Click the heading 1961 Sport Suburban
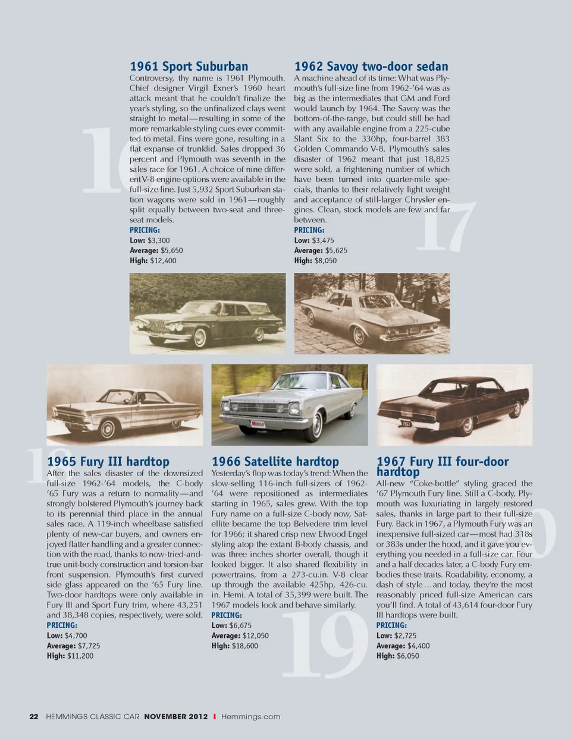(189, 67)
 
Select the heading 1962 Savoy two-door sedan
(371, 67)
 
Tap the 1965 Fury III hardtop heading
(108, 462)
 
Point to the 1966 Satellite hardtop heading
(275, 462)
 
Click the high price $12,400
(163, 260)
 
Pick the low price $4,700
(76, 635)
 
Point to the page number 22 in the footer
(34, 717)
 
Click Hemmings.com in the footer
(250, 717)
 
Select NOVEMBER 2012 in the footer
(176, 717)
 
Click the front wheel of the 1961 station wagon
(200, 338)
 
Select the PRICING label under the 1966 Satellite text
(227, 615)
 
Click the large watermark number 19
(324, 645)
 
